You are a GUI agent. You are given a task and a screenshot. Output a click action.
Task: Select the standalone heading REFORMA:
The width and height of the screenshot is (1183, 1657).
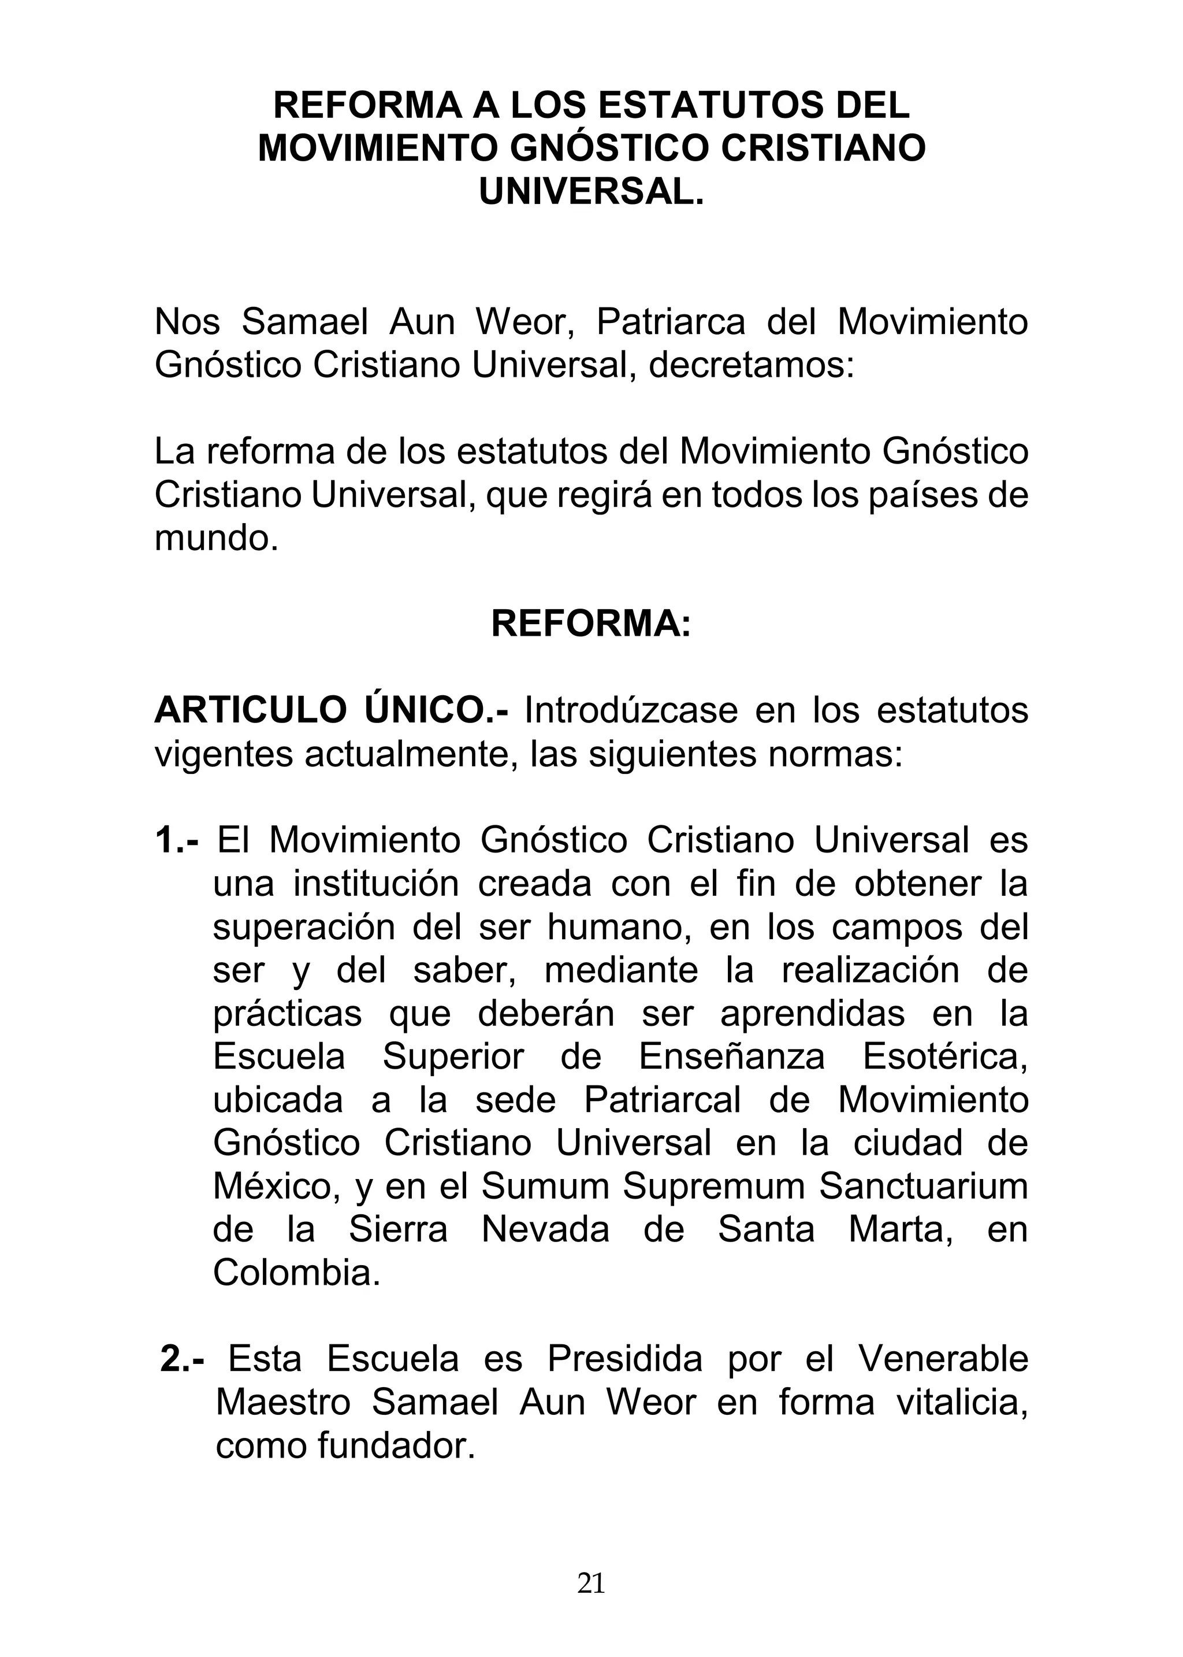click(591, 624)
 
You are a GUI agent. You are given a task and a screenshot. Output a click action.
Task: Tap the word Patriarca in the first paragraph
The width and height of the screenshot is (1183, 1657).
click(671, 322)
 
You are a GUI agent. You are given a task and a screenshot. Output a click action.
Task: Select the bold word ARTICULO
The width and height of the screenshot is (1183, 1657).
click(251, 710)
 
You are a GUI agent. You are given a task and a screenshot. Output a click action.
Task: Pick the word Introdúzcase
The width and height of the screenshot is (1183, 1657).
click(631, 710)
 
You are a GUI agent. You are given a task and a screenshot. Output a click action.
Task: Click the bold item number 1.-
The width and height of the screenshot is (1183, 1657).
click(177, 841)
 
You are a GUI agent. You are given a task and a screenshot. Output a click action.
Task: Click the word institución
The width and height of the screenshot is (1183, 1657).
click(376, 884)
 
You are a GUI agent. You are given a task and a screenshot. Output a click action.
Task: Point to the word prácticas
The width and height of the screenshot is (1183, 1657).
click(287, 1014)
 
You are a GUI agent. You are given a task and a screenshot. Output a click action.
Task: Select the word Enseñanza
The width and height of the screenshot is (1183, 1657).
click(731, 1057)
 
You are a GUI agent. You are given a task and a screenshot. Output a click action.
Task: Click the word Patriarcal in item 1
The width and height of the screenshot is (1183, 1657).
click(662, 1100)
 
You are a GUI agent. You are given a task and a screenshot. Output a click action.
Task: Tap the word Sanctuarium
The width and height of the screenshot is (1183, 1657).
click(923, 1187)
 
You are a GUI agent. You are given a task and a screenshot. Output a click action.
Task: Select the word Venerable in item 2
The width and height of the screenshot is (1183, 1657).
click(943, 1359)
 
